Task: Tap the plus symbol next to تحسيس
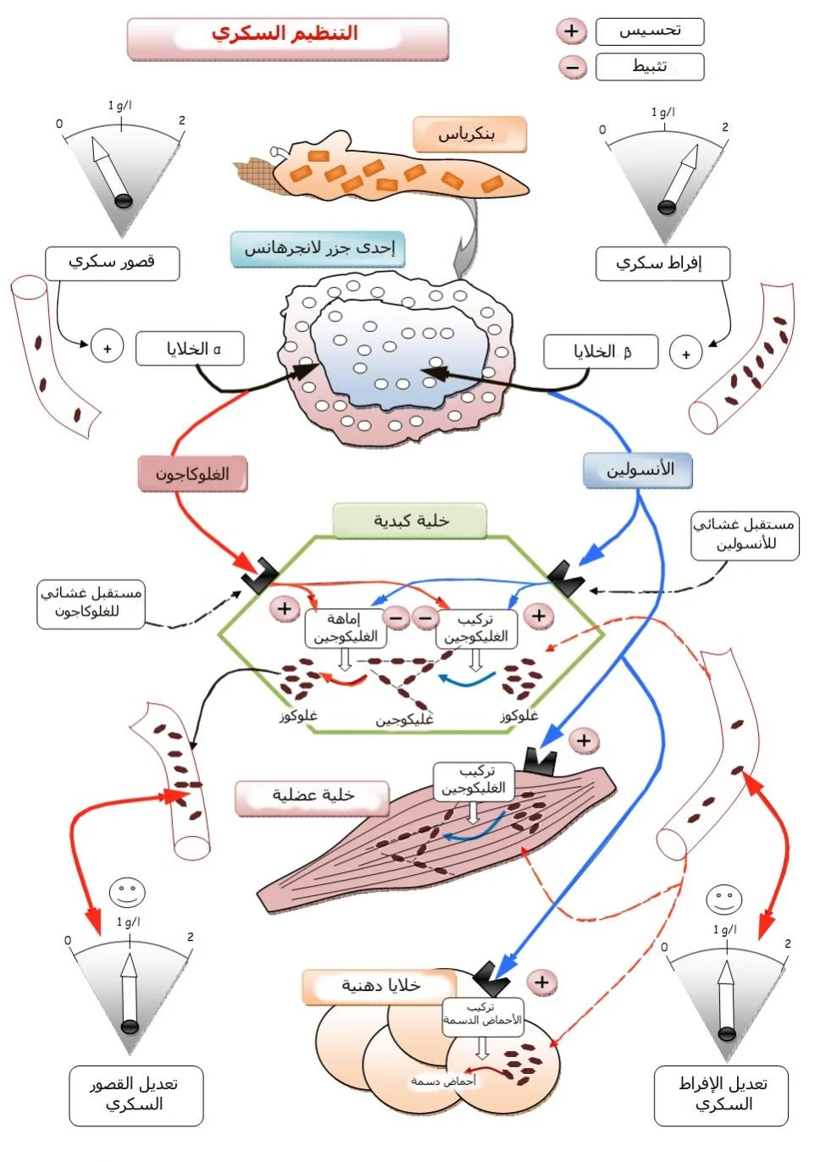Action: (572, 31)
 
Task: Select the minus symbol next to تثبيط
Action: (572, 66)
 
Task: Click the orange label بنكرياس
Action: (469, 134)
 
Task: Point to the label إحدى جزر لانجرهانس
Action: (319, 248)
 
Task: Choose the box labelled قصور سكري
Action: (112, 263)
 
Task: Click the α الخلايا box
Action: (190, 349)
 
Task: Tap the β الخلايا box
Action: (601, 351)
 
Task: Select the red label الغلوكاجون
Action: (193, 474)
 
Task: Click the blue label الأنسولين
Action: (638, 470)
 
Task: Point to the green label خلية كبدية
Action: (410, 521)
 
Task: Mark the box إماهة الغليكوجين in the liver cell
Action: (343, 628)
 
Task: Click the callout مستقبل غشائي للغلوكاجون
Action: (91, 603)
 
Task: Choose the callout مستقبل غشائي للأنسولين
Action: (745, 535)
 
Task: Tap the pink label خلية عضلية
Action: (312, 796)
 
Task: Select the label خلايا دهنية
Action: (380, 986)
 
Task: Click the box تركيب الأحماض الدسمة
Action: (482, 1015)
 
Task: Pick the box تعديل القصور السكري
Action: (136, 1095)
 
